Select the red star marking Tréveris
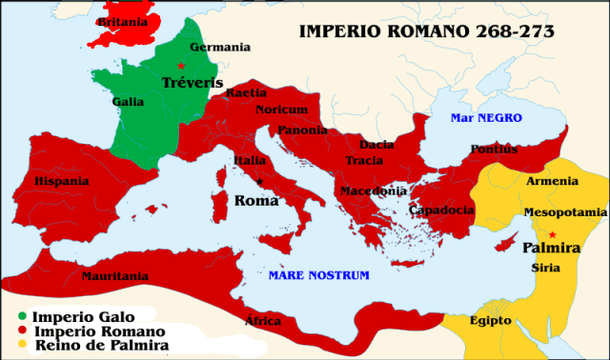180,65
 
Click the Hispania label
62,181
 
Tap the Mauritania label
114,276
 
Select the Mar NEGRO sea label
486,117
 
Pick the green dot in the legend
21,315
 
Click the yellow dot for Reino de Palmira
21,345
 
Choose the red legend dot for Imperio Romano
21,330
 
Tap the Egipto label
490,320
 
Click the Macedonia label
373,190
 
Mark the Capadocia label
441,210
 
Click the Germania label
220,47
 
